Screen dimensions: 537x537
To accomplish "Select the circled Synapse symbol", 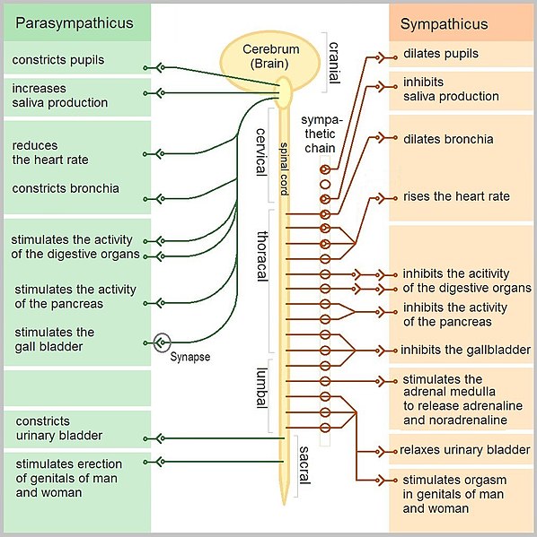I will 162,342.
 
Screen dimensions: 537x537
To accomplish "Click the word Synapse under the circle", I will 189,357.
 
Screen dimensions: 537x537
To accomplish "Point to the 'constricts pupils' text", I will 58,60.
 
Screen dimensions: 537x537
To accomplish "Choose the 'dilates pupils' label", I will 441,54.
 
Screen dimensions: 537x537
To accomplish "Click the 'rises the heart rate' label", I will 456,196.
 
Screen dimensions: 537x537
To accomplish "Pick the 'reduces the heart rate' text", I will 50,152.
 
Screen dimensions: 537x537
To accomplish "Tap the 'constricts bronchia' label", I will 66,189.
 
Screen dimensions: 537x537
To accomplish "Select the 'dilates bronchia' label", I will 448,139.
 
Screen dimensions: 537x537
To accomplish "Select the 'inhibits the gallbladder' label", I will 465,350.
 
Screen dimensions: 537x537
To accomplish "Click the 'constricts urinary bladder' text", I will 57,429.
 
